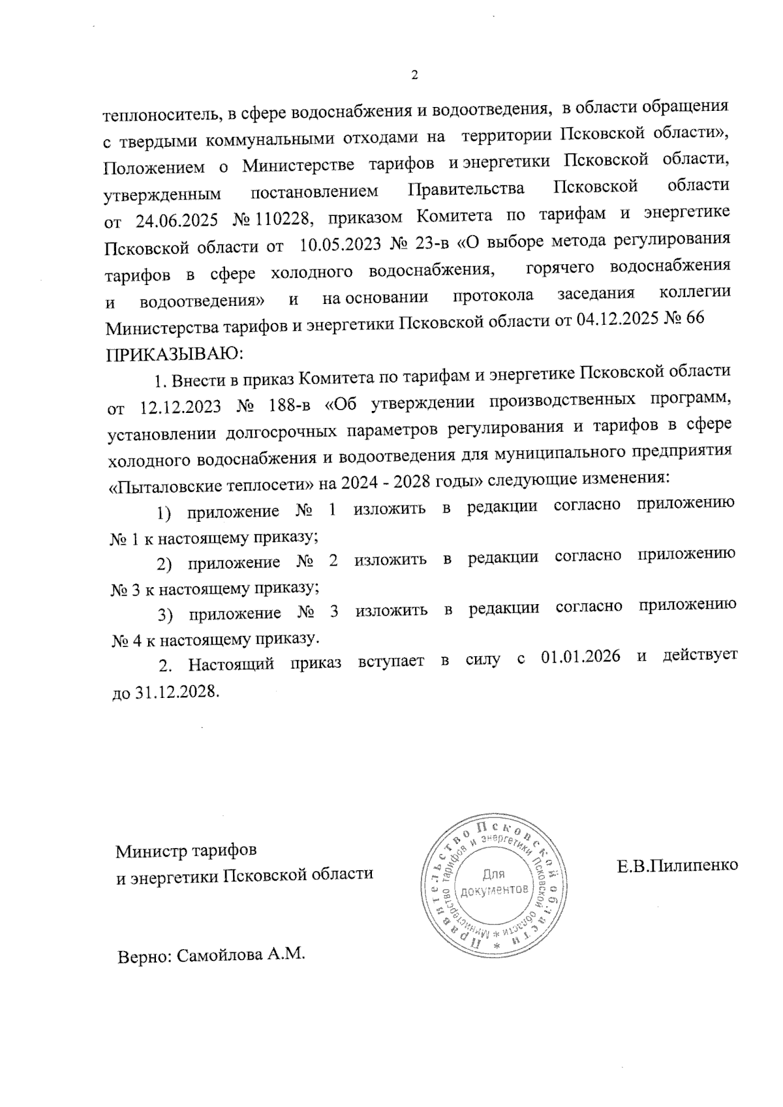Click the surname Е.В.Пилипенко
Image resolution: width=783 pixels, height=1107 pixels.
click(677, 866)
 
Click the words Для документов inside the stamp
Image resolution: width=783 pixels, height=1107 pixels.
click(494, 882)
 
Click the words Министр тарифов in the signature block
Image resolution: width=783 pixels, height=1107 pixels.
click(186, 851)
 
